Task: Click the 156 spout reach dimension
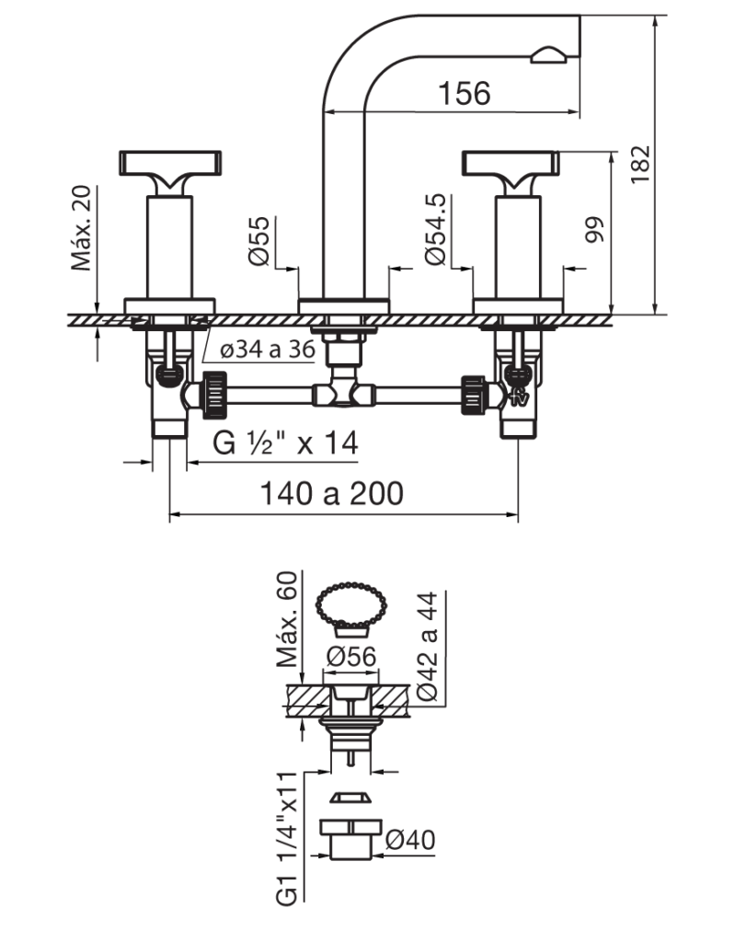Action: [464, 93]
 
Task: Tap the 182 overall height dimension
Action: [641, 164]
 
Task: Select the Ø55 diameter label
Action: [259, 241]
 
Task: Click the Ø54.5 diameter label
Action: [436, 229]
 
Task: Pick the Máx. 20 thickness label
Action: [81, 228]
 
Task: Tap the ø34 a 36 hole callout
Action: [268, 349]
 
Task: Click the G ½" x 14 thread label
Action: [285, 442]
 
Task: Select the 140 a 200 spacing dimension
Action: [332, 493]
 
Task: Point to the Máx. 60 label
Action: [287, 619]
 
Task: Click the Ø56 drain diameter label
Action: [351, 657]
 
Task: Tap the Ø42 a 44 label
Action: [428, 647]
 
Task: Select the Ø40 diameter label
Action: [410, 839]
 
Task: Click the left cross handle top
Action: [170, 163]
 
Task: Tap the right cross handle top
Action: [511, 164]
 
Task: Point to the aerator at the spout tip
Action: [548, 55]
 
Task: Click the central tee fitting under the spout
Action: [344, 390]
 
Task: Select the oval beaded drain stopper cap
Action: [351, 605]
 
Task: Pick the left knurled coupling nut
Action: [214, 395]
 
